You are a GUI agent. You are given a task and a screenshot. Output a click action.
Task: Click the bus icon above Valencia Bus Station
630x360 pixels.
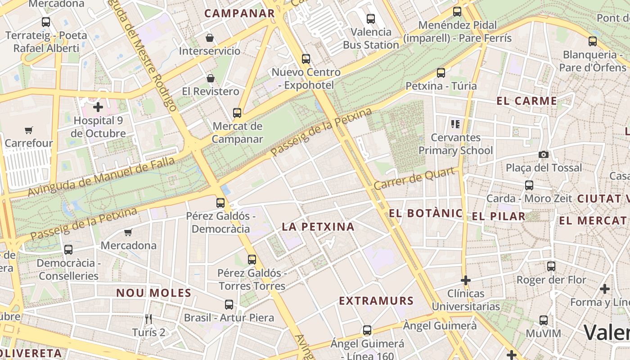[x=371, y=19]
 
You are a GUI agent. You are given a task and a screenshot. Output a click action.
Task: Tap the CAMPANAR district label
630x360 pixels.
[x=239, y=13]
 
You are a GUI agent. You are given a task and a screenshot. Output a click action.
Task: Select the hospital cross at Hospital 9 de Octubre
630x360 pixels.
[x=98, y=107]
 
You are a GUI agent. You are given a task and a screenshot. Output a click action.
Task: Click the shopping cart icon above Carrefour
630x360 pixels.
[x=29, y=130]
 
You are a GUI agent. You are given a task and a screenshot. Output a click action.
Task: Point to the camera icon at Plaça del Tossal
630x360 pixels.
[x=544, y=155]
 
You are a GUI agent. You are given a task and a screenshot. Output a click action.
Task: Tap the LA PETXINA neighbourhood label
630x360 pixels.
[x=318, y=227]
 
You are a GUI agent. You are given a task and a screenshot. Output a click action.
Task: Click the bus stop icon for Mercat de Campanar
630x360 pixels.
[x=237, y=113]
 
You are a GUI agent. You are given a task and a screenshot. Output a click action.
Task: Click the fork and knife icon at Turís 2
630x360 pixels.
[x=148, y=319]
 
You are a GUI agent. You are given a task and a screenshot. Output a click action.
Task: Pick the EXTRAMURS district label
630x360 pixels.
[x=376, y=301]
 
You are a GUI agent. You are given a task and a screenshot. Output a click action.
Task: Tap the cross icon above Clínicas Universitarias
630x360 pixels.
[x=466, y=280]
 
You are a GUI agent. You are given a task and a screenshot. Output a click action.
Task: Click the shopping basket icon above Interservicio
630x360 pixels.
[x=210, y=37]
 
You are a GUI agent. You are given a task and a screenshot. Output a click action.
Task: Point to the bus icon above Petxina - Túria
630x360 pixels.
[x=441, y=72]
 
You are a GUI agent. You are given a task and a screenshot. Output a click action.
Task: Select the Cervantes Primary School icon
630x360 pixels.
[x=455, y=124]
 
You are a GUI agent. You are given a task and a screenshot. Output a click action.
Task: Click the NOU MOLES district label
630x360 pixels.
[x=154, y=293]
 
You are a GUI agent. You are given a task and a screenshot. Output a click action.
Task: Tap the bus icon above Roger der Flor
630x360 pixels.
[x=551, y=266]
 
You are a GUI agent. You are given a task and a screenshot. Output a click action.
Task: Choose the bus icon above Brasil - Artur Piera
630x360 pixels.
[x=229, y=305]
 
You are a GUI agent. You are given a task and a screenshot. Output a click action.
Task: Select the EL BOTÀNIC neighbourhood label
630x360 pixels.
[x=426, y=213]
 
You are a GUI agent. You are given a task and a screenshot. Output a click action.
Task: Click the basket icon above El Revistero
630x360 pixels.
[x=210, y=78]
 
